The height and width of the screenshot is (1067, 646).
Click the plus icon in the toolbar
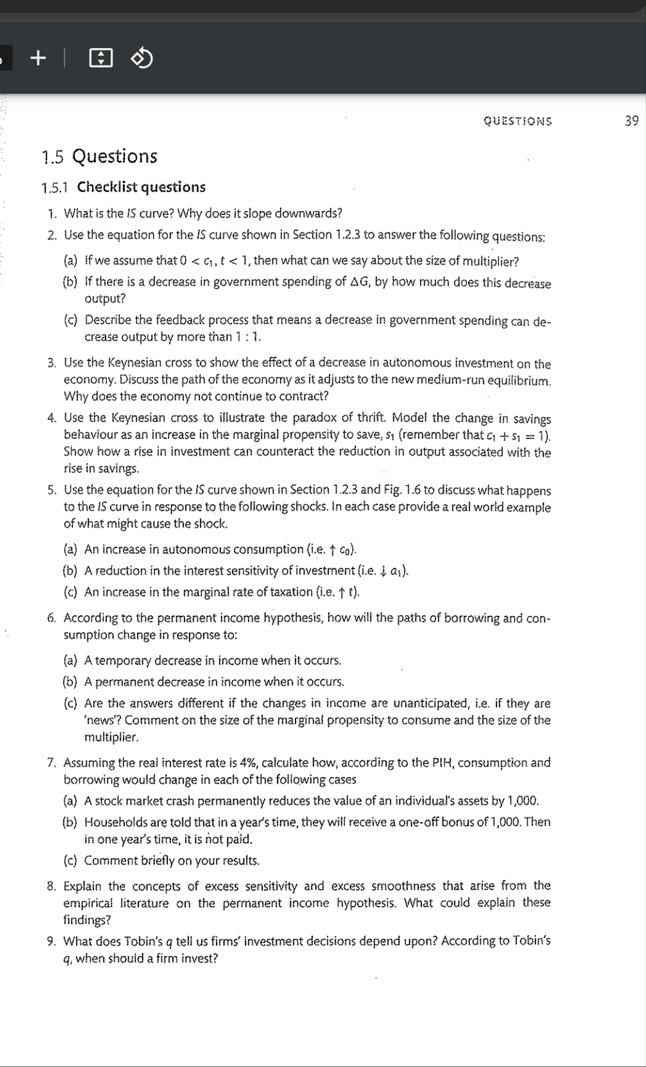tap(38, 58)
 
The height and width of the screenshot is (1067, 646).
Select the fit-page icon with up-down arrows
tap(101, 58)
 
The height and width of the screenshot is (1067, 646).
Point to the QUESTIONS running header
tap(517, 121)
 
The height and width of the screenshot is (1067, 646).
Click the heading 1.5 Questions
tap(99, 157)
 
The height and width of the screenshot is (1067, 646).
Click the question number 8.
tap(52, 886)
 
